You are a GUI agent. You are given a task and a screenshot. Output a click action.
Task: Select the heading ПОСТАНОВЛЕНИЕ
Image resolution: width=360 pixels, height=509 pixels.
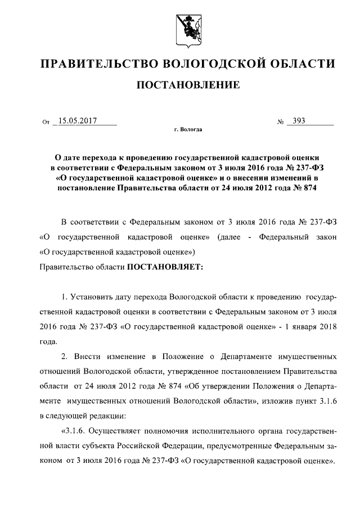click(180, 85)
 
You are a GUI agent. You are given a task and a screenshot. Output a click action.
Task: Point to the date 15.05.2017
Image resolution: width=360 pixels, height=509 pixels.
click(78, 120)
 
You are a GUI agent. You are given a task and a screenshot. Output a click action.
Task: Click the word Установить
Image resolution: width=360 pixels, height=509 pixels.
click(91, 296)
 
